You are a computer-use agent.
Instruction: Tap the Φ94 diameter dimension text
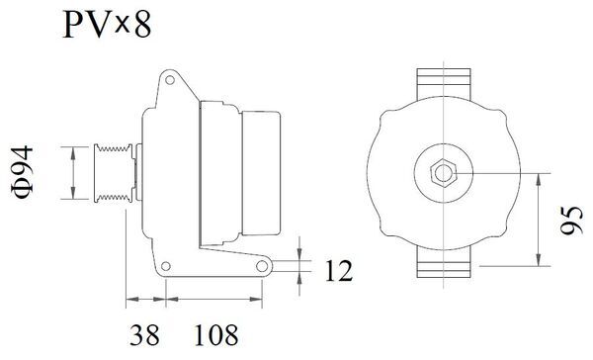pos(29,173)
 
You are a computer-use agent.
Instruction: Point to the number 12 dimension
pos(337,268)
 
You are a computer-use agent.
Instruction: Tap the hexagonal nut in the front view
pos(442,174)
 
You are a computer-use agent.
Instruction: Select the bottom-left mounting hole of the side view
pos(166,265)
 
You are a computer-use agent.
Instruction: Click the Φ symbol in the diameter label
pos(29,193)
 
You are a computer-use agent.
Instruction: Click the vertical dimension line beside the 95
pos(539,220)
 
